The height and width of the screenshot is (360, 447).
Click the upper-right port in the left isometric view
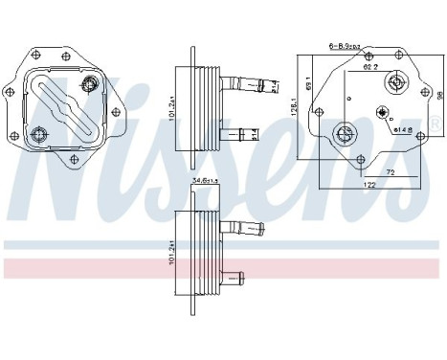(89, 88)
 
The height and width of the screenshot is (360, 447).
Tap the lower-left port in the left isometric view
(40, 134)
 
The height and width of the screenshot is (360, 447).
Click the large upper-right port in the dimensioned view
(394, 84)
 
